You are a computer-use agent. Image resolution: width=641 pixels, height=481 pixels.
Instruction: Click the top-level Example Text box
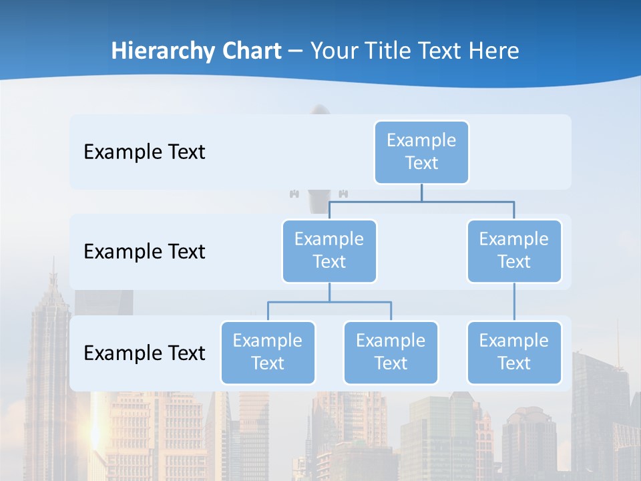[421, 152]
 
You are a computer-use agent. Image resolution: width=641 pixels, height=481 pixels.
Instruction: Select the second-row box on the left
[329, 251]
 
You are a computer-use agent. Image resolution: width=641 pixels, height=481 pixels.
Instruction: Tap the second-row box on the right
[514, 251]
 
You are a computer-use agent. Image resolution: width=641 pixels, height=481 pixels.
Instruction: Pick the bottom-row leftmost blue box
[268, 352]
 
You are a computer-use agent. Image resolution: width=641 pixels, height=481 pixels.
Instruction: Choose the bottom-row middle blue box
[391, 352]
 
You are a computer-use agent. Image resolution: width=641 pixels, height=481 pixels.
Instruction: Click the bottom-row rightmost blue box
[514, 352]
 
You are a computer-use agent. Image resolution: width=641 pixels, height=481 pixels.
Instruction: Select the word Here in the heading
[494, 51]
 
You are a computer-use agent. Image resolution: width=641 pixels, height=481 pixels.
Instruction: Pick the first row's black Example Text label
[144, 152]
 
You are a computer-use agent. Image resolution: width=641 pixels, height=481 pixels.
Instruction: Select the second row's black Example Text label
[144, 251]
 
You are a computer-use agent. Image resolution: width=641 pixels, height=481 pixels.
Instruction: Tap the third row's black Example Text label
[144, 353]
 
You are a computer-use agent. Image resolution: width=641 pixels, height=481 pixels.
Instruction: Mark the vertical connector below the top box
[421, 192]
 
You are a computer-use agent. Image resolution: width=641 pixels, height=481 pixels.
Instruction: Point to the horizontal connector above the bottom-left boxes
[329, 302]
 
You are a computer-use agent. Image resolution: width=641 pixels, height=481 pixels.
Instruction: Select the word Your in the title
[335, 51]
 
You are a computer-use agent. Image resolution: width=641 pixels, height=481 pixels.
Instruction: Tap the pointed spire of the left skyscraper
[52, 271]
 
